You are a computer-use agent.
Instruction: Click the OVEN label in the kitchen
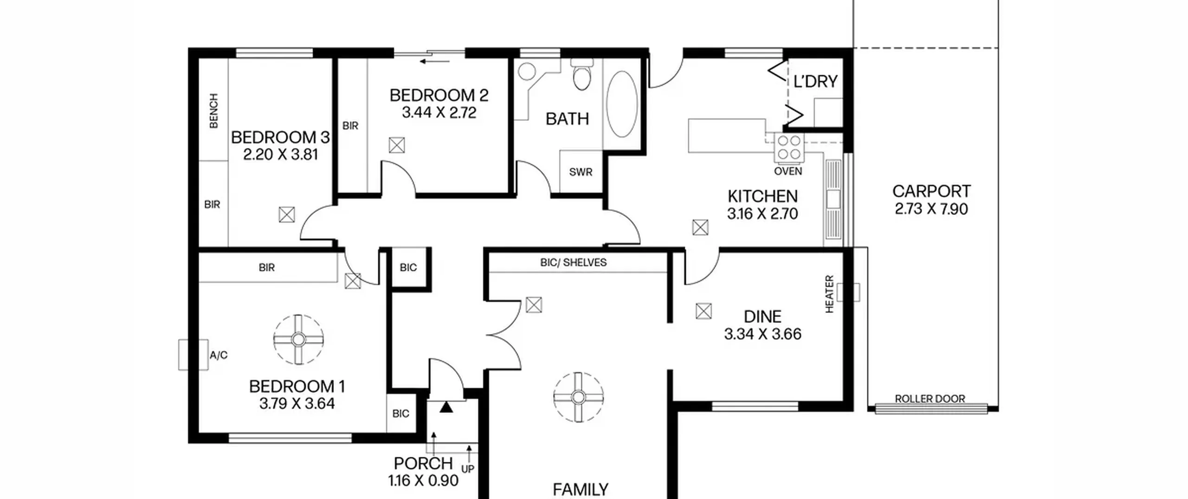788,171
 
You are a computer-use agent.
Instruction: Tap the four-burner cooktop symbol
789,148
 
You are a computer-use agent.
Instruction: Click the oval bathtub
622,104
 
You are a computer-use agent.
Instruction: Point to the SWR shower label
581,172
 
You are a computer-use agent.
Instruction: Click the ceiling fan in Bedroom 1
298,340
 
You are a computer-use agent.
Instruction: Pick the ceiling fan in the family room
578,397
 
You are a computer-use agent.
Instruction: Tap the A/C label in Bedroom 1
219,356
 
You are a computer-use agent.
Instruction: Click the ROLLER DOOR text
930,399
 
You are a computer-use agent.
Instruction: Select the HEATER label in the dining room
829,294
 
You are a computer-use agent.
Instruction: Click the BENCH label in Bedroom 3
213,110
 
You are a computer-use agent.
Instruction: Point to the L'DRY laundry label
815,82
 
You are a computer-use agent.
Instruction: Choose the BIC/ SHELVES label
573,262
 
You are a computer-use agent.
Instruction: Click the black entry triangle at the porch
446,407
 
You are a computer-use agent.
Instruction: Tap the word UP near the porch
468,469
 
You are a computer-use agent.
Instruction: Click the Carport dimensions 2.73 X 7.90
931,209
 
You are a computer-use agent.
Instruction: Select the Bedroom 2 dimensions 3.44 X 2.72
439,113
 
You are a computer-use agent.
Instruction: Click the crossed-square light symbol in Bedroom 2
397,145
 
